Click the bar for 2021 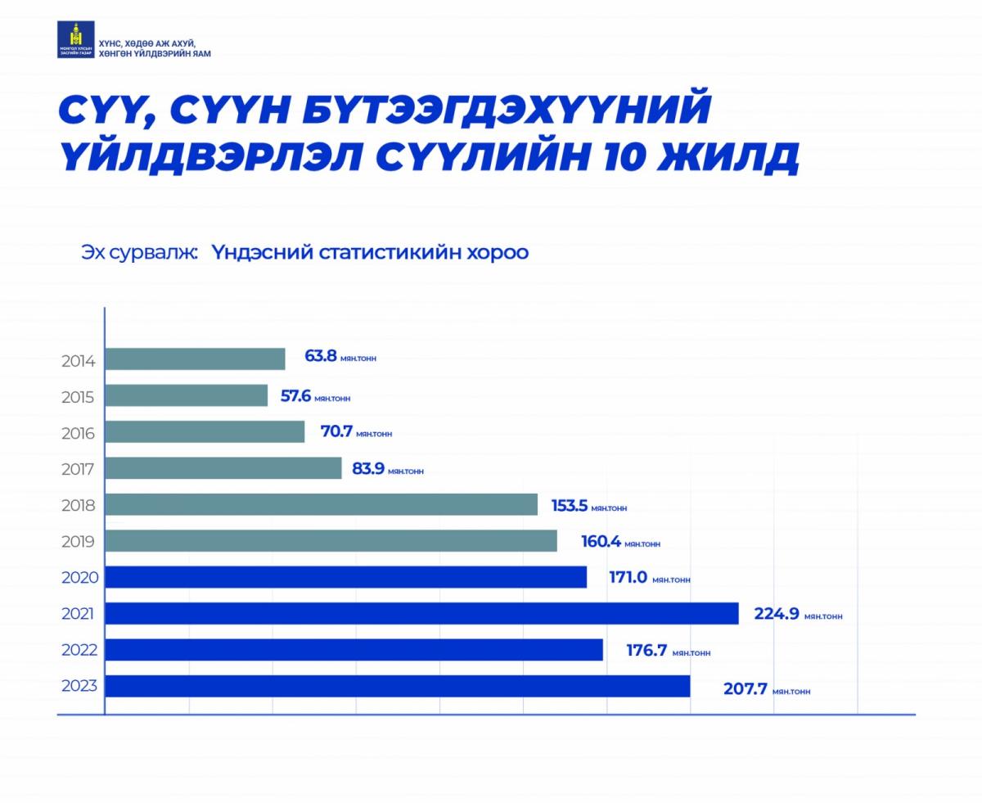(421, 613)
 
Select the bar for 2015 (187, 396)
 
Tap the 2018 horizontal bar (322, 504)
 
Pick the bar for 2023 (398, 686)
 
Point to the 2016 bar (205, 432)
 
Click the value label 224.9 (776, 613)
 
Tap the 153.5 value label (570, 505)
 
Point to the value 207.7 (745, 688)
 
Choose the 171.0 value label (628, 577)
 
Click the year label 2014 (79, 361)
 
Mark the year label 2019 (79, 541)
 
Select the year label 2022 (79, 650)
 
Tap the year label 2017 (79, 469)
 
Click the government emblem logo (75, 40)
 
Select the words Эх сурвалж (139, 252)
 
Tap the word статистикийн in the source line (385, 252)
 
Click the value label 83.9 (368, 469)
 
